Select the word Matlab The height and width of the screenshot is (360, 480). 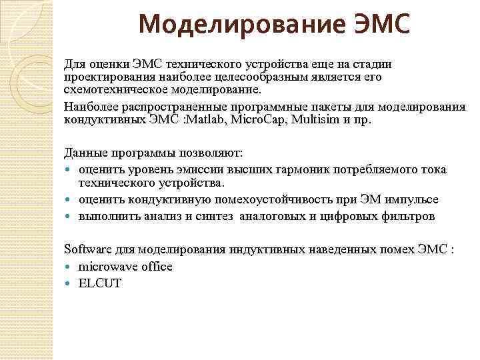[x=210, y=120]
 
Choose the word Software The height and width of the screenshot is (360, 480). [x=87, y=249]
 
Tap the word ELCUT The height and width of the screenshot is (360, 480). [x=100, y=283]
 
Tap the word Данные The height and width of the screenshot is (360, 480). [x=85, y=153]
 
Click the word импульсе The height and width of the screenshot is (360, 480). [x=414, y=199]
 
